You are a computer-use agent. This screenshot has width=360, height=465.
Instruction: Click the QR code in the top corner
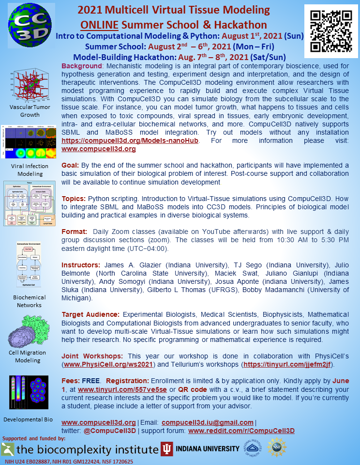point(331,31)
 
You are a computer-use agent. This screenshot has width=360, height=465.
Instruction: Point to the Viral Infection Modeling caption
point(30,170)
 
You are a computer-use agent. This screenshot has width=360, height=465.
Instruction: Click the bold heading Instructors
point(81,265)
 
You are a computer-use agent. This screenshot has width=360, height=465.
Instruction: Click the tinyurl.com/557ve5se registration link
point(122,389)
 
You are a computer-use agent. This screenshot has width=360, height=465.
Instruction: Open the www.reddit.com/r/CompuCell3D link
point(241,431)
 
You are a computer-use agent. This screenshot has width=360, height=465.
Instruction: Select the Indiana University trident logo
point(167,449)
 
